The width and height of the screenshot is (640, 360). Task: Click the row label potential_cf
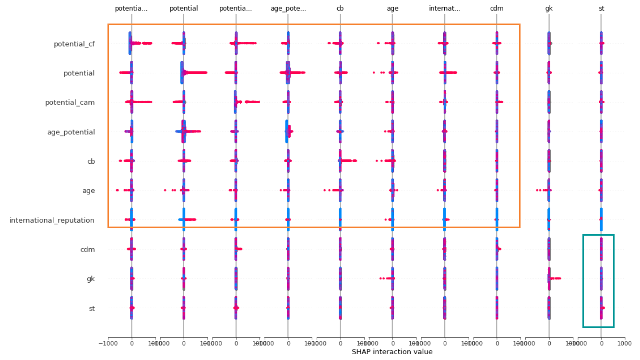click(x=74, y=44)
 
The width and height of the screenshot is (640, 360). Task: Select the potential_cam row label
click(x=70, y=103)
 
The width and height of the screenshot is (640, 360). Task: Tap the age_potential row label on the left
click(x=71, y=132)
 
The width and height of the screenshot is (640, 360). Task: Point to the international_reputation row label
click(x=52, y=220)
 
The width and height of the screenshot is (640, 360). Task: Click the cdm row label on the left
click(x=87, y=250)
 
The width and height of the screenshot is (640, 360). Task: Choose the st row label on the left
click(x=91, y=308)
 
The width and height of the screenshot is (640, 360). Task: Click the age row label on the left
click(x=88, y=191)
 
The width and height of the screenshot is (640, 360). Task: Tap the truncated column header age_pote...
click(x=288, y=9)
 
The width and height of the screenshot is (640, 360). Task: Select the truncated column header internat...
click(x=445, y=9)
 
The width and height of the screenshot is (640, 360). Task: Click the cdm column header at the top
click(x=497, y=9)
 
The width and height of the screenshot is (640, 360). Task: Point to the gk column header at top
click(x=549, y=9)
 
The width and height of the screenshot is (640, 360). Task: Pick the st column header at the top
click(x=601, y=9)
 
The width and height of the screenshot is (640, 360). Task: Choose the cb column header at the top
click(x=340, y=9)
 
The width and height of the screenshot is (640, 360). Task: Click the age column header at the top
click(x=392, y=9)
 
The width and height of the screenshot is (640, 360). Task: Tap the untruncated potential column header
click(x=184, y=9)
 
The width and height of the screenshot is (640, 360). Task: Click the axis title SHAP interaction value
click(x=392, y=352)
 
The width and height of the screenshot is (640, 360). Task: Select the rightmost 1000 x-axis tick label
click(x=624, y=344)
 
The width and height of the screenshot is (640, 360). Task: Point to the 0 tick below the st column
click(x=601, y=344)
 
